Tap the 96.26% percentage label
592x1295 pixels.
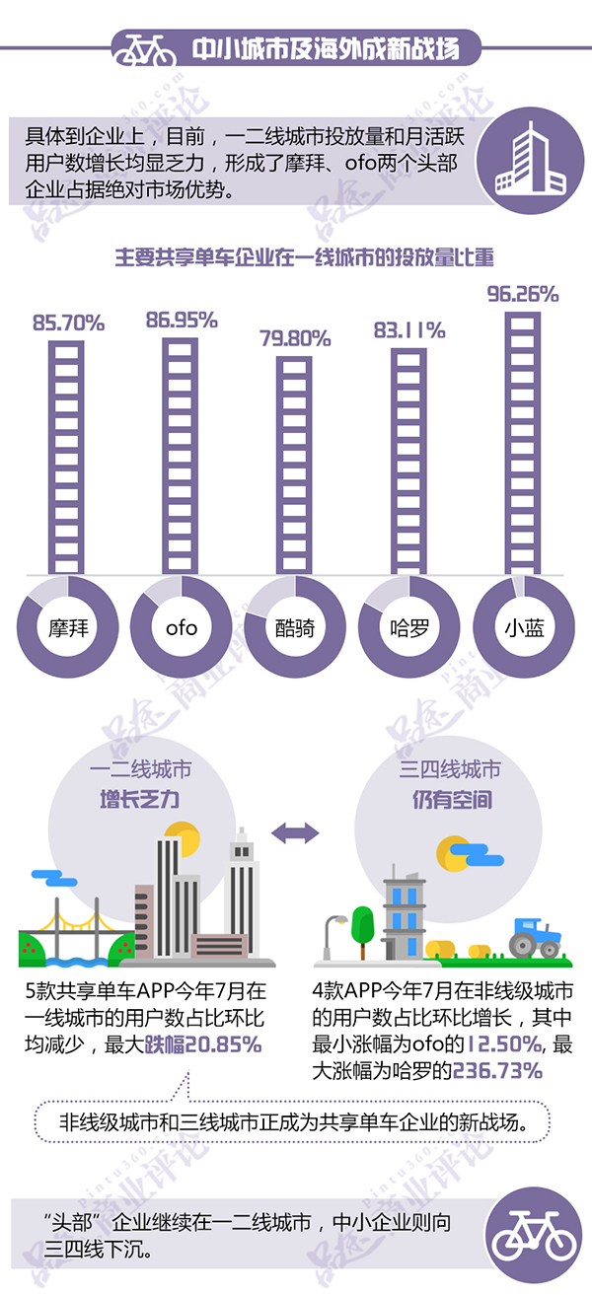(x=524, y=293)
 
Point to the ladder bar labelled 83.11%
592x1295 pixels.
(x=409, y=459)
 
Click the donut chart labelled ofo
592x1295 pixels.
(x=182, y=626)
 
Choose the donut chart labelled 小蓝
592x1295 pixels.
(x=524, y=626)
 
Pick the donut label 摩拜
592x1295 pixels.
(x=67, y=626)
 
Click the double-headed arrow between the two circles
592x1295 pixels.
(x=295, y=833)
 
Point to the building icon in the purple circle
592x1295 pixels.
(x=531, y=162)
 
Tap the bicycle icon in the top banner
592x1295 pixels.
(x=143, y=47)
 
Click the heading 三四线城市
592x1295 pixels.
(x=450, y=770)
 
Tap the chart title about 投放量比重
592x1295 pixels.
(x=304, y=257)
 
